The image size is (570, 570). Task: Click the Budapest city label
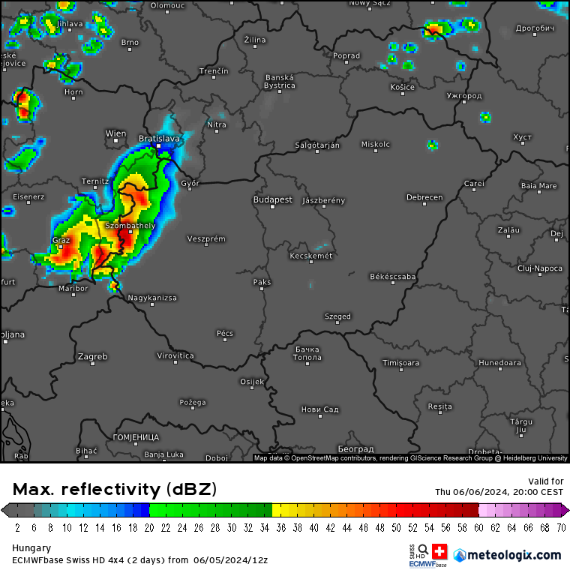(272, 200)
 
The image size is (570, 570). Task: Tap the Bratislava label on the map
(159, 139)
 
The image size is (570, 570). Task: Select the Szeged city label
(337, 316)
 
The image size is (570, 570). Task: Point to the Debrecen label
(424, 198)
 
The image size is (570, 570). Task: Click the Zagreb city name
(93, 356)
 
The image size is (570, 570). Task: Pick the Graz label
(61, 240)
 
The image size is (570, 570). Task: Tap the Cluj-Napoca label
(539, 268)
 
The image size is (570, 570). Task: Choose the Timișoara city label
(401, 363)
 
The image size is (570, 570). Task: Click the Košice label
(402, 88)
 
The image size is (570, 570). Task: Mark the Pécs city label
(224, 333)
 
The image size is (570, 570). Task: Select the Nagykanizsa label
(152, 298)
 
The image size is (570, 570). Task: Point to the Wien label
(115, 133)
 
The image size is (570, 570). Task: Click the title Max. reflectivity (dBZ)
(115, 490)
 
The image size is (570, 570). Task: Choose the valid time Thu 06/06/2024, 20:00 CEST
(499, 492)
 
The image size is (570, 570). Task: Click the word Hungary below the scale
(31, 547)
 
